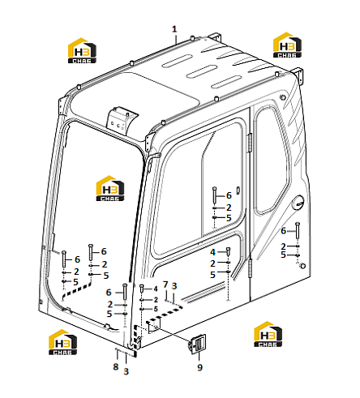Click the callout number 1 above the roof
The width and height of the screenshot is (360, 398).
[x=174, y=29]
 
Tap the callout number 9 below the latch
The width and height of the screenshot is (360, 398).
[x=199, y=367]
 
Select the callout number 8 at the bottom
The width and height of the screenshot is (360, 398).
[x=116, y=366]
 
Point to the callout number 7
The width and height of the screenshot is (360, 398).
[x=165, y=285]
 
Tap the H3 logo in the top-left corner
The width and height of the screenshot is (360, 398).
[x=82, y=50]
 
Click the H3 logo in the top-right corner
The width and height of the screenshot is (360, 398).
[x=287, y=45]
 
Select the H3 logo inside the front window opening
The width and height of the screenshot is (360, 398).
[x=110, y=188]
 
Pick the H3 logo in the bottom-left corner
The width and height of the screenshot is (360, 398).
[x=62, y=342]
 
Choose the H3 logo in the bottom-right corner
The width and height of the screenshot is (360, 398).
[x=268, y=334]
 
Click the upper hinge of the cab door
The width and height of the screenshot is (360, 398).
[x=250, y=143]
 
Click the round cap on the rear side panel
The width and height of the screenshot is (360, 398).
[x=298, y=202]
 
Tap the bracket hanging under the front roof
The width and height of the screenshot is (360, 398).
[x=122, y=121]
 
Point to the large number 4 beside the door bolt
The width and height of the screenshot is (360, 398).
[x=212, y=252]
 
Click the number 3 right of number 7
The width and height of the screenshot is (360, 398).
[x=174, y=286]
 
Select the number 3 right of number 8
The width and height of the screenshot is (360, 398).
[x=126, y=371]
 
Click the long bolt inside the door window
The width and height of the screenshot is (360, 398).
[x=214, y=195]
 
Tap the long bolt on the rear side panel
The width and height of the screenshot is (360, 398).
[x=298, y=230]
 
